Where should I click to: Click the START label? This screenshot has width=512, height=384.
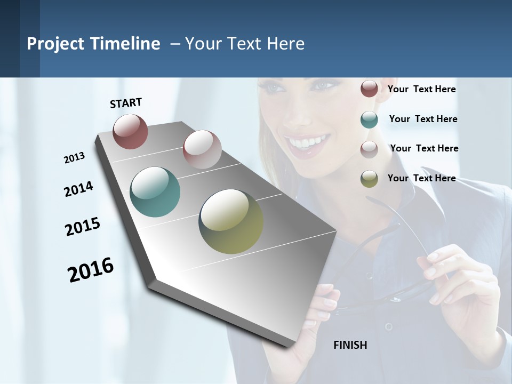(126, 103)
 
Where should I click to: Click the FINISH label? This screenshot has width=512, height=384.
(350, 345)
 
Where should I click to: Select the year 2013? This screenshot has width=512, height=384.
(74, 158)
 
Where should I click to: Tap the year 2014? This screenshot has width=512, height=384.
(78, 189)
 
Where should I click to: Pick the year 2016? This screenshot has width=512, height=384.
(91, 270)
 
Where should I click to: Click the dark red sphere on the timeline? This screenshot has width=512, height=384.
(130, 131)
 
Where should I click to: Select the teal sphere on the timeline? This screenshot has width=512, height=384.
(155, 192)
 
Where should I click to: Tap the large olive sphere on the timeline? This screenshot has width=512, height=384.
(231, 221)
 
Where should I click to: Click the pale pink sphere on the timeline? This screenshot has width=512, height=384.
(202, 149)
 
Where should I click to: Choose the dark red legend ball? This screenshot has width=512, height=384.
(369, 89)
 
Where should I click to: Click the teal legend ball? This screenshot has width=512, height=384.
(369, 119)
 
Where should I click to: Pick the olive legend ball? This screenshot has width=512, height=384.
(369, 179)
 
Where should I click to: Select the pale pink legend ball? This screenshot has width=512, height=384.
(369, 149)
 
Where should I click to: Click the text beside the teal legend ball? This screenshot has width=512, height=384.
(423, 119)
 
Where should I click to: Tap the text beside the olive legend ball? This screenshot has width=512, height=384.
(421, 178)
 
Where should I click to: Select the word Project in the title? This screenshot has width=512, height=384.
(55, 44)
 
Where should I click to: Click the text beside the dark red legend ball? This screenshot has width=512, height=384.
(421, 89)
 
